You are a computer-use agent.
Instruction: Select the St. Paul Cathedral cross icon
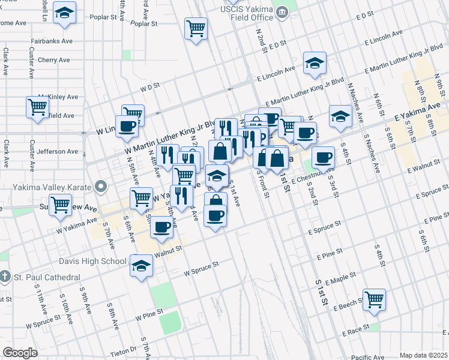point(5,277)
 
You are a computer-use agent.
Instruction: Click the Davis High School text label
point(92,261)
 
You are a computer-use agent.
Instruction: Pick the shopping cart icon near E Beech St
point(374,299)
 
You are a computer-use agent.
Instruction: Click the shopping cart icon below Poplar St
point(196,28)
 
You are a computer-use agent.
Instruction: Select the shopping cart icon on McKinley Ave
point(38,107)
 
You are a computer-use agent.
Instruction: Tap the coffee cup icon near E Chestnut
point(323,157)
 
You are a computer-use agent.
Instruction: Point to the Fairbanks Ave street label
point(52,41)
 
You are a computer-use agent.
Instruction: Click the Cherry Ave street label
point(53,60)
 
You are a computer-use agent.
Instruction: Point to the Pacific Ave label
point(368,356)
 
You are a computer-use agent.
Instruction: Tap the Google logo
point(20,353)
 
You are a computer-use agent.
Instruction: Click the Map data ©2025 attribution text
point(423,355)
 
